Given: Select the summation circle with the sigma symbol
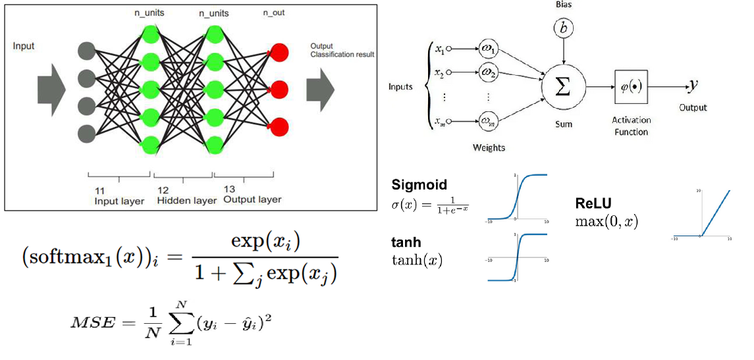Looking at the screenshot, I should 563,86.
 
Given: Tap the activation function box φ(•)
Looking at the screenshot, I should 631,86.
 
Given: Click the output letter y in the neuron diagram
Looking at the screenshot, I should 693,84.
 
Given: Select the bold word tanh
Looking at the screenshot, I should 406,242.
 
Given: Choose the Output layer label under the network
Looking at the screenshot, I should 252,199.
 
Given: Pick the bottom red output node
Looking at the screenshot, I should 279,126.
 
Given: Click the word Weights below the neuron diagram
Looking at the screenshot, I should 488,147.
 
